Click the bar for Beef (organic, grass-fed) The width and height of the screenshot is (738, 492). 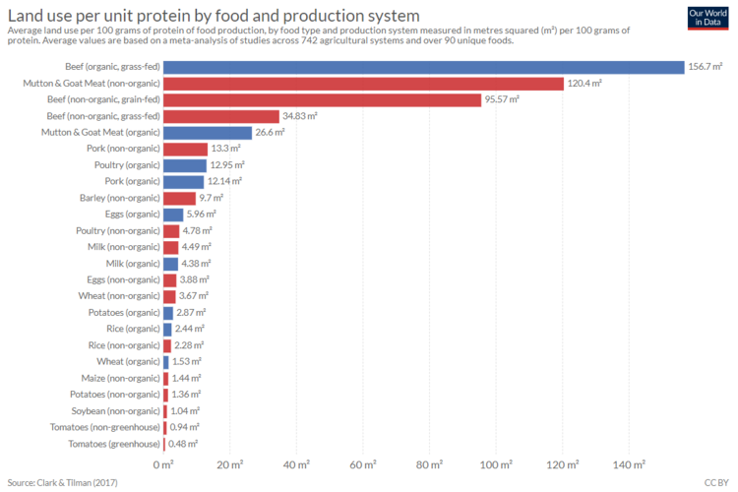(423, 67)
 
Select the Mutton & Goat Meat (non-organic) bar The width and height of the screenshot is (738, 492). (363, 84)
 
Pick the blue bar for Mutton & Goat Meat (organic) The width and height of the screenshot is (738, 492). (208, 133)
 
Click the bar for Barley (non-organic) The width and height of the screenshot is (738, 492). (179, 198)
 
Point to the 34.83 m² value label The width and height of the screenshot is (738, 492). (300, 116)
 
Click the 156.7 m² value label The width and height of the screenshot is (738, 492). (706, 67)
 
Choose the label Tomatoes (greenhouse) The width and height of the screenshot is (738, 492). (115, 444)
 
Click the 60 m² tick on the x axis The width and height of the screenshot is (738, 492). (363, 463)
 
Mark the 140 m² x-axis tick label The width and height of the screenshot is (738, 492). (630, 463)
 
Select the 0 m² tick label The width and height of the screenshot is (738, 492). (163, 463)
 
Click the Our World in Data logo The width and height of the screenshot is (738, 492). (708, 17)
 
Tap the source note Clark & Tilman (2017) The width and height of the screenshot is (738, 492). (61, 482)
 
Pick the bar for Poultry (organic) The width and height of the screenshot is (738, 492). (185, 165)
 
